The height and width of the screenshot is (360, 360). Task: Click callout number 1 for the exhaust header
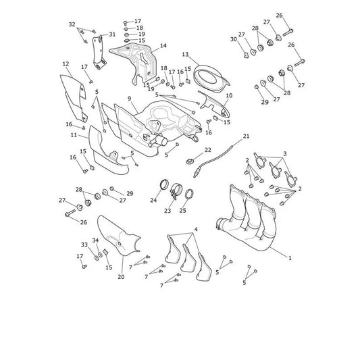click(x=290, y=258)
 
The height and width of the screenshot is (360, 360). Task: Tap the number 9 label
click(x=130, y=99)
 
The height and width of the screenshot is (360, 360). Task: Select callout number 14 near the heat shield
click(x=163, y=46)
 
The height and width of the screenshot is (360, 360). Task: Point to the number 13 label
click(x=185, y=55)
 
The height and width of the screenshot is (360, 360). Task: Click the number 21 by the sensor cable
click(x=246, y=136)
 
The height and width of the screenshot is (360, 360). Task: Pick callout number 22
click(x=208, y=150)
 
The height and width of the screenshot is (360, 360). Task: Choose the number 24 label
click(x=153, y=200)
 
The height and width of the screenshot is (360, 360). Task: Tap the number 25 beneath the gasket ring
click(x=183, y=210)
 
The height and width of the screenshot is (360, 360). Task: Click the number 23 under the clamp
click(x=168, y=211)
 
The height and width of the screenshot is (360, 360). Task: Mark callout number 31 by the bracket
click(x=112, y=34)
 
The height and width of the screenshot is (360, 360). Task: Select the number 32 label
click(x=72, y=24)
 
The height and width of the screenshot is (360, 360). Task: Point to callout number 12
click(x=66, y=63)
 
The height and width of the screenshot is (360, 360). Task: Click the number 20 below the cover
click(x=121, y=277)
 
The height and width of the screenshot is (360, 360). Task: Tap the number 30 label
click(x=234, y=39)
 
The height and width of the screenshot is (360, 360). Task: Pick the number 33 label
click(x=84, y=245)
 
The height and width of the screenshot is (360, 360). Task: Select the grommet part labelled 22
click(x=189, y=161)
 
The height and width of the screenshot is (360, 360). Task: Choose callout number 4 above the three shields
click(x=196, y=229)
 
